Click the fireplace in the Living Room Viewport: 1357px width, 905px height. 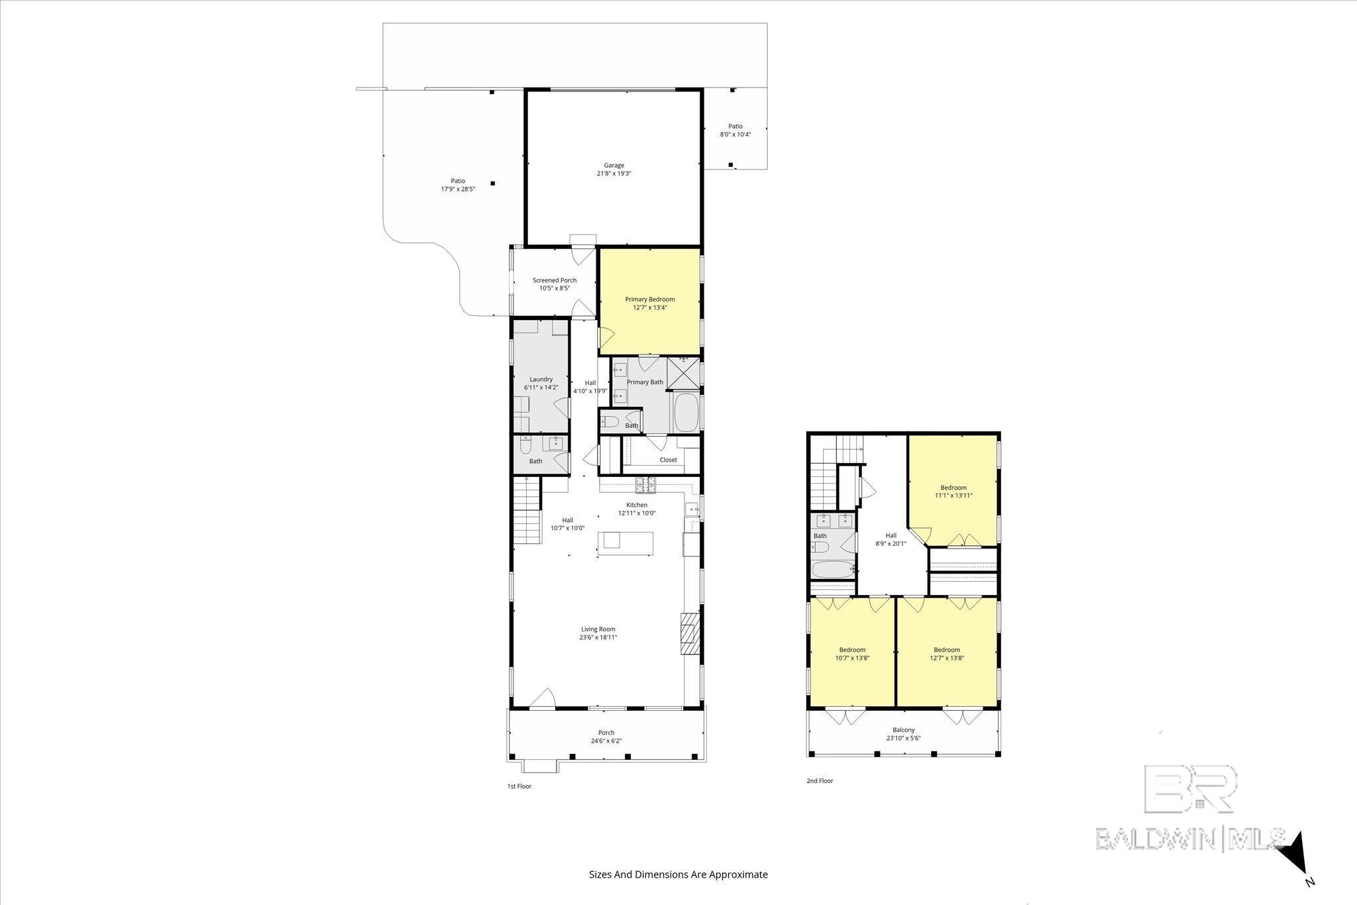(690, 633)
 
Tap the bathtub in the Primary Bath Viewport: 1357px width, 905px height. (686, 413)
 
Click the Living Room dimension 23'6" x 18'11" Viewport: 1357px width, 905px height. (598, 637)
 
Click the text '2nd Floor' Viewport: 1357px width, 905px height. (820, 781)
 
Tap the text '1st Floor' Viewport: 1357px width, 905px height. (519, 786)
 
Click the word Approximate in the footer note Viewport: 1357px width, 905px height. (738, 874)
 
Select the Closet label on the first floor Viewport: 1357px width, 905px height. (668, 460)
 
